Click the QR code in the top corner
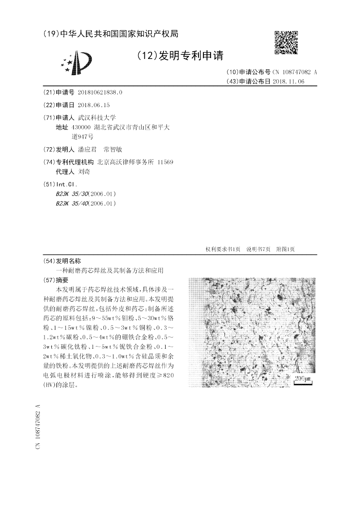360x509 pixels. pyautogui.click(x=286, y=42)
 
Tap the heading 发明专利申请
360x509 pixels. pyautogui.click(x=180, y=55)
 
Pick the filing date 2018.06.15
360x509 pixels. pyautogui.click(x=94, y=105)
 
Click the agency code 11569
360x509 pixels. pyautogui.click(x=165, y=162)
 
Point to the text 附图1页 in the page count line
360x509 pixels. pyautogui.click(x=285, y=249)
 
